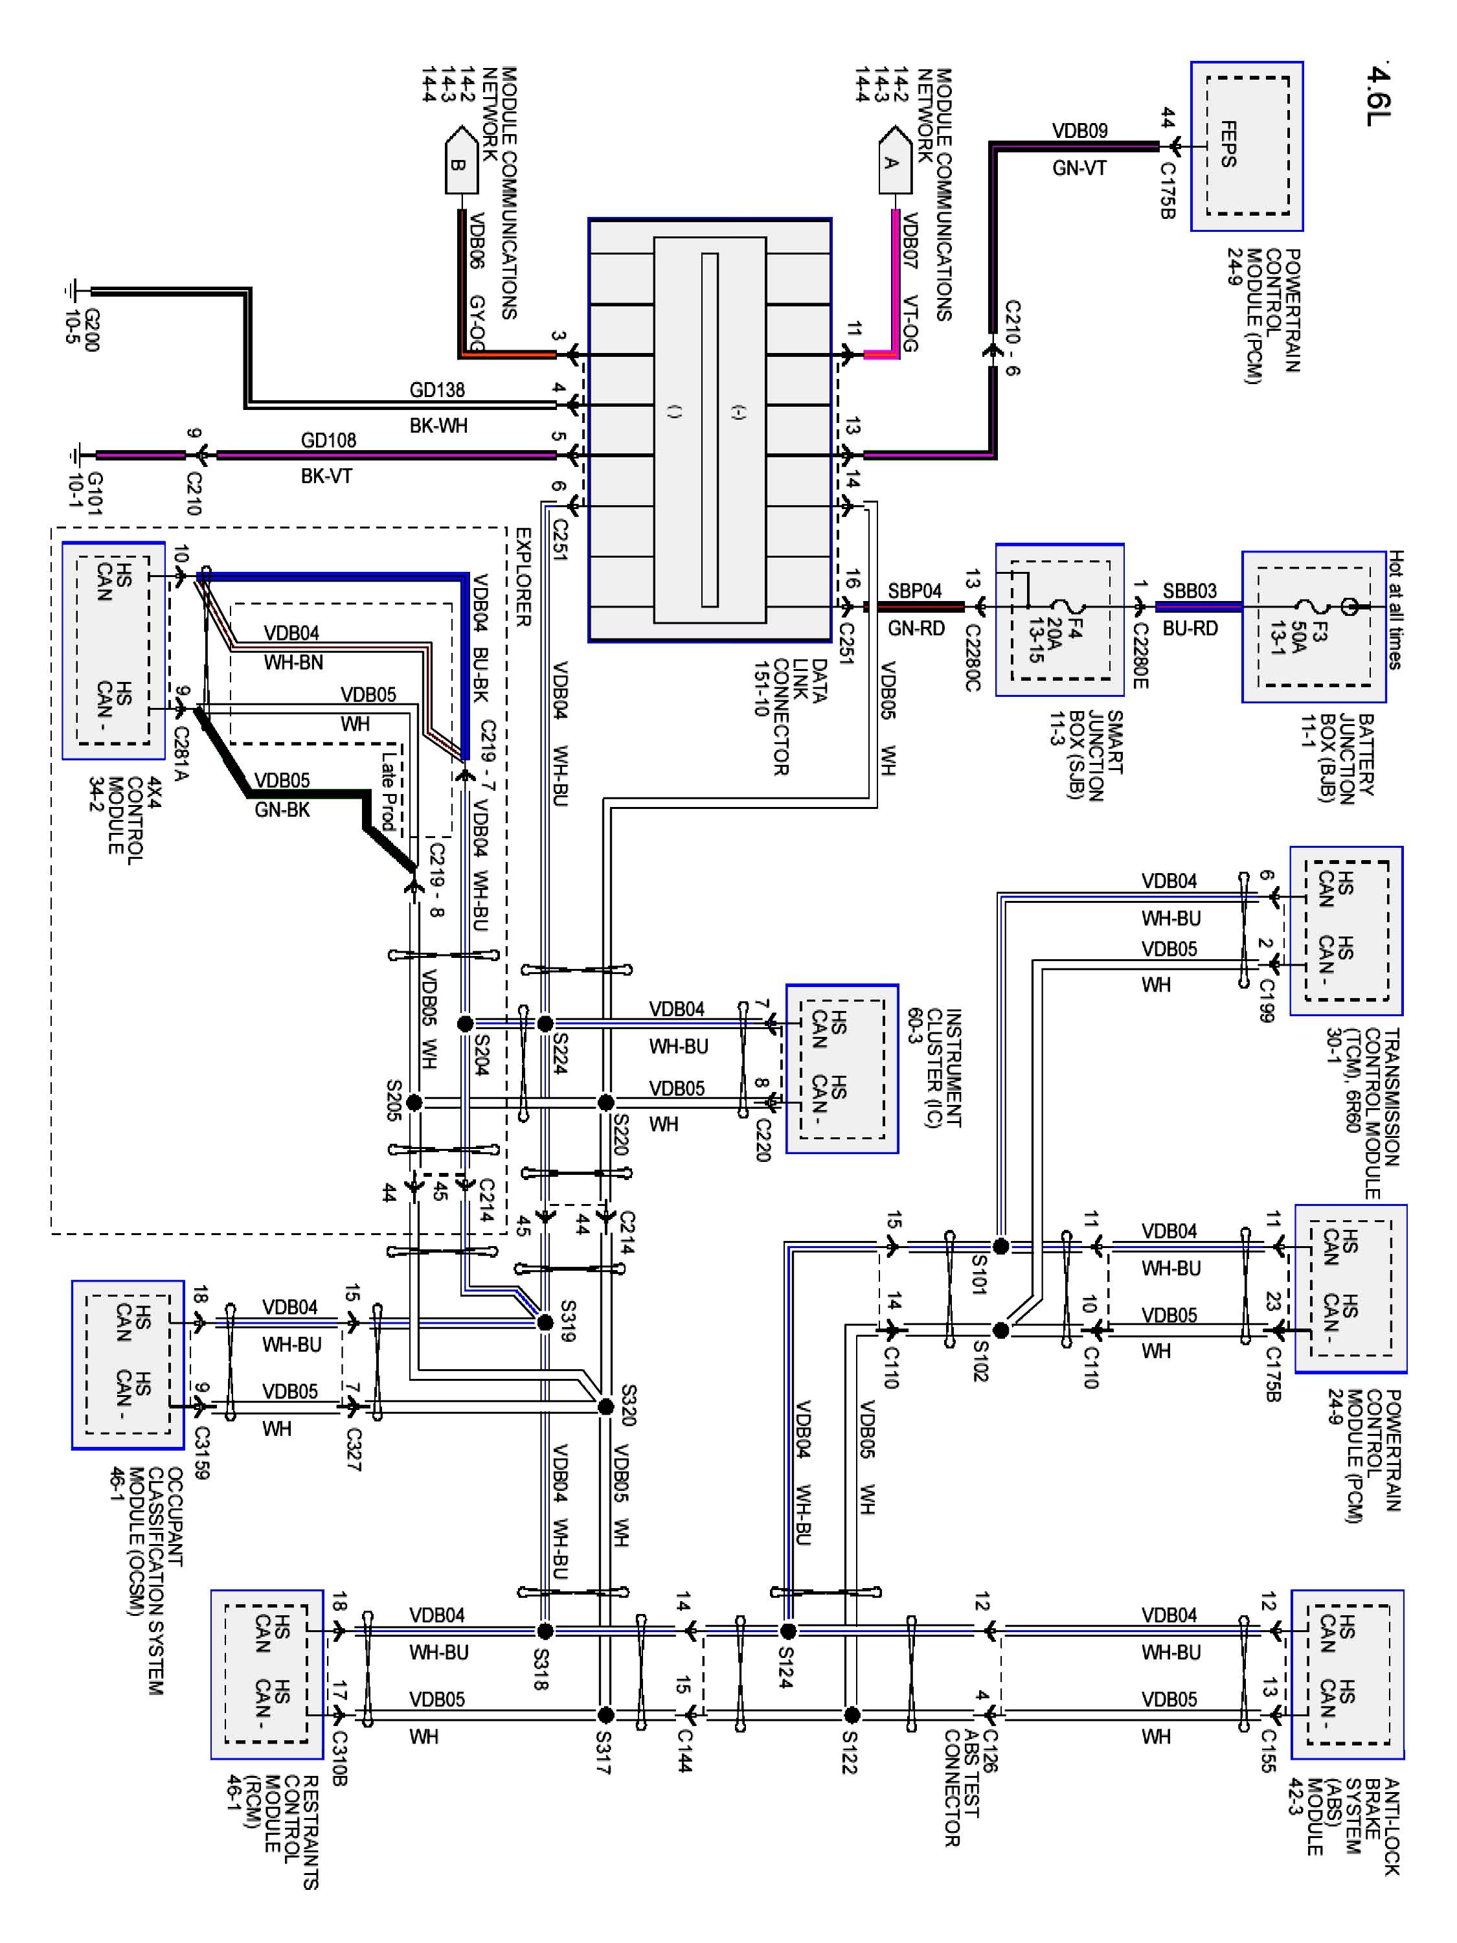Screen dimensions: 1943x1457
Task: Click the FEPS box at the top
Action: click(x=1247, y=146)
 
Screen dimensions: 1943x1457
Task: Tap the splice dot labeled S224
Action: click(x=545, y=1023)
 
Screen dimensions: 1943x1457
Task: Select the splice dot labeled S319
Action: click(x=545, y=1322)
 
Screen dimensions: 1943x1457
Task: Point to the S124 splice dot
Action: click(x=788, y=1631)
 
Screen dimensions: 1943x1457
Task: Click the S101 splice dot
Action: click(x=1000, y=1245)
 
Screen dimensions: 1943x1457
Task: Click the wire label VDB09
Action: click(x=1079, y=131)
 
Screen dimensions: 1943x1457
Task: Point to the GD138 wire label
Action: click(x=436, y=390)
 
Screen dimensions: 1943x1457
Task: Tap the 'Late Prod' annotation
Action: click(x=387, y=791)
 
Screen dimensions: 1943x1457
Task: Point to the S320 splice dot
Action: click(x=605, y=1406)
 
